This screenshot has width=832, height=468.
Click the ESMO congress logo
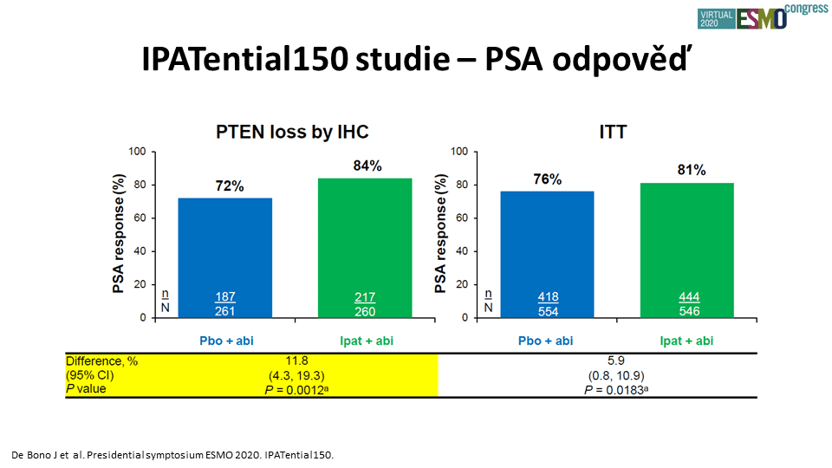click(x=763, y=16)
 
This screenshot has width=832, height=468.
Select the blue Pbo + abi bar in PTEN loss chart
click(x=225, y=258)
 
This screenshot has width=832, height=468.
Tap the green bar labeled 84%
click(x=365, y=249)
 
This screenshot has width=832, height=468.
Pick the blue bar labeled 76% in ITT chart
click(x=547, y=255)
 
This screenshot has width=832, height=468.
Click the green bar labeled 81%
click(x=687, y=250)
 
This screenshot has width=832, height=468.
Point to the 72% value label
click(x=229, y=186)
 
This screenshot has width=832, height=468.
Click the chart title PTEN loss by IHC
click(x=292, y=132)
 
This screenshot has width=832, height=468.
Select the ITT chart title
click(x=613, y=132)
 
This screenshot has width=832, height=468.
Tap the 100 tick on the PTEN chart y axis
click(x=137, y=152)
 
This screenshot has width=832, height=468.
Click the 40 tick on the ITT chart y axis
click(x=462, y=251)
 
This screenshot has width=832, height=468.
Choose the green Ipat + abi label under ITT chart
click(x=686, y=341)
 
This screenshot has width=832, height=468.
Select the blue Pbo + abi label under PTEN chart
click(x=226, y=341)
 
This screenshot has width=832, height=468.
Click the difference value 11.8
click(x=296, y=361)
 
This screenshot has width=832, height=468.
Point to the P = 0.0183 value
click(x=616, y=390)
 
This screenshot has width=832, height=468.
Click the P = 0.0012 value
click(x=296, y=390)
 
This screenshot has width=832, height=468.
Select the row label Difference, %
click(x=101, y=361)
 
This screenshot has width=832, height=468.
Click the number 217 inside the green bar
click(x=365, y=297)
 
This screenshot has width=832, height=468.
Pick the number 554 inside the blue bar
click(x=548, y=311)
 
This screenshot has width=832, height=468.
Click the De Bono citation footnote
click(x=172, y=455)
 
